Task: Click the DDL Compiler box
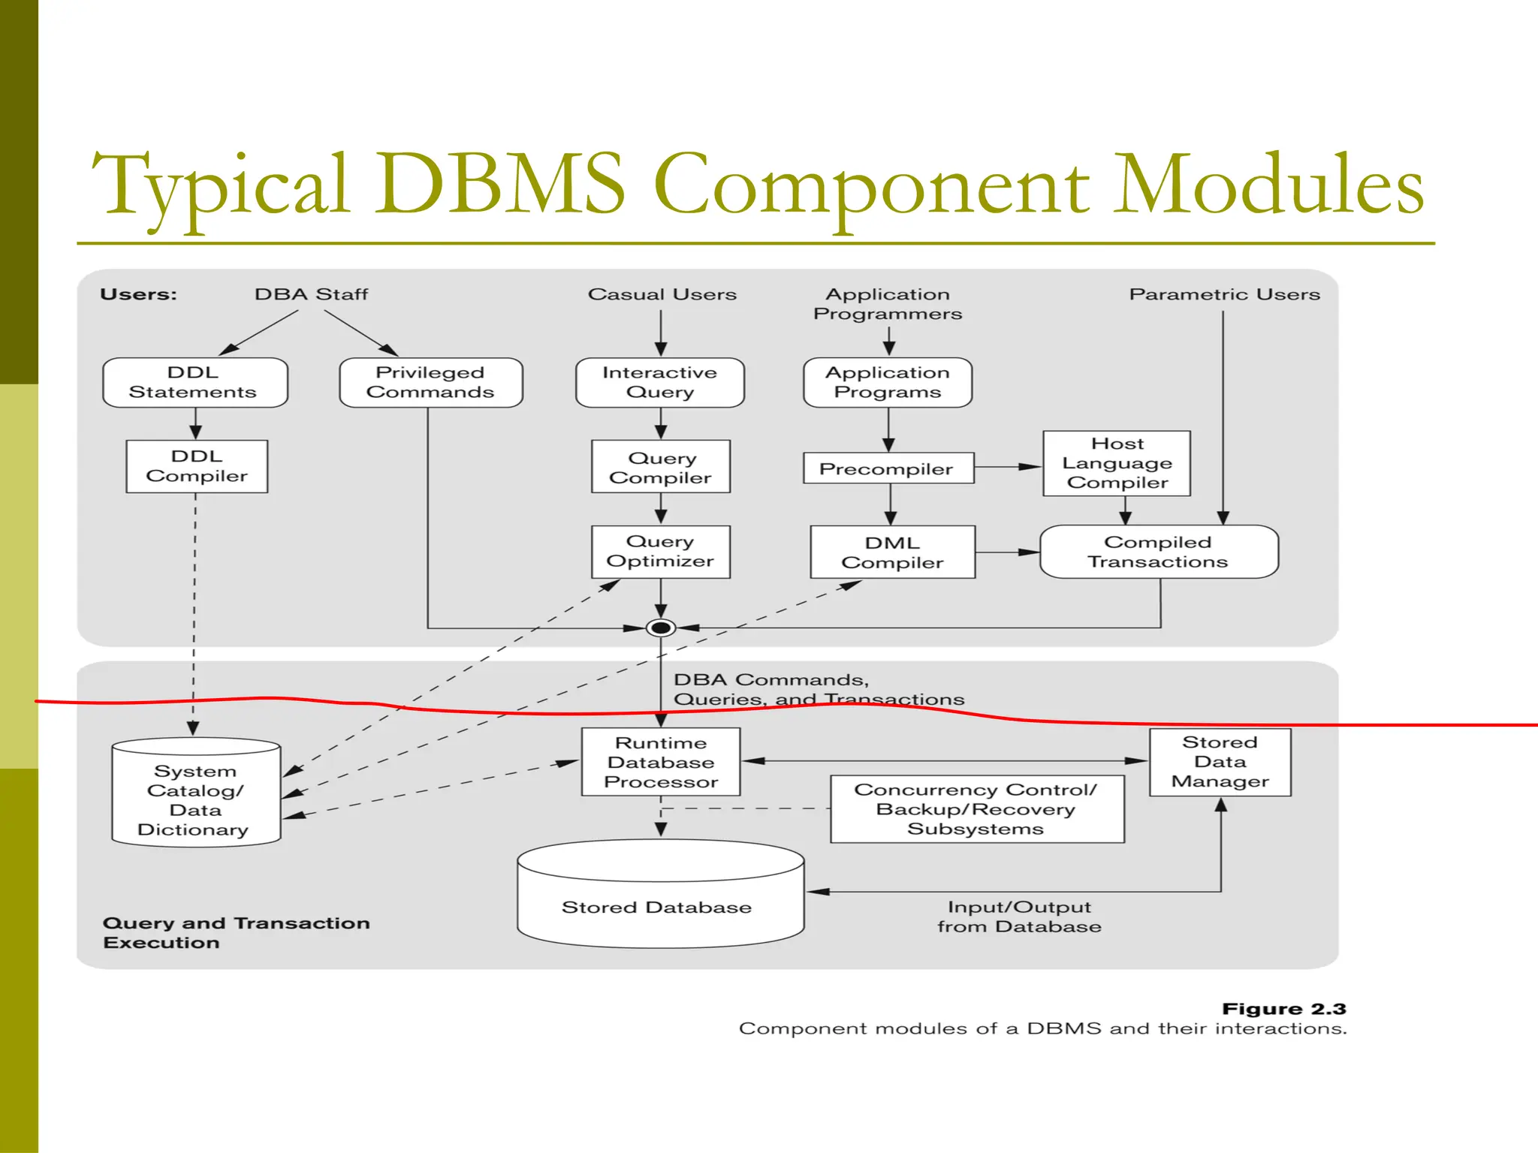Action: (197, 466)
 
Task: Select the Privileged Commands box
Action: (430, 383)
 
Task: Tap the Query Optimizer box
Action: (660, 552)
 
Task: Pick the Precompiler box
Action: (888, 468)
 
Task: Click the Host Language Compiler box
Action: (1117, 463)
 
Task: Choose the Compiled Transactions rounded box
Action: (1158, 552)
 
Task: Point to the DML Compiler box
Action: (892, 552)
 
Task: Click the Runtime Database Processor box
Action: (661, 762)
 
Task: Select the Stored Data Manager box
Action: (1220, 762)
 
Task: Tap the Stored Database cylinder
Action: (659, 901)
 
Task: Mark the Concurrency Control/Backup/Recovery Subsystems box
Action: (976, 809)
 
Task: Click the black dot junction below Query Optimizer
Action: (661, 628)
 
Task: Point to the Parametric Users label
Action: (1224, 294)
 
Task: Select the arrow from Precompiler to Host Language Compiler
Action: (1008, 467)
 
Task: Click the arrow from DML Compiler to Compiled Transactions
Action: (1006, 552)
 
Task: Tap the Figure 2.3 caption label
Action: (1283, 1009)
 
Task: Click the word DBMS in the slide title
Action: (499, 184)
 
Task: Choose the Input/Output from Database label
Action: (1019, 917)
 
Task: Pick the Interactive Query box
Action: (660, 383)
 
